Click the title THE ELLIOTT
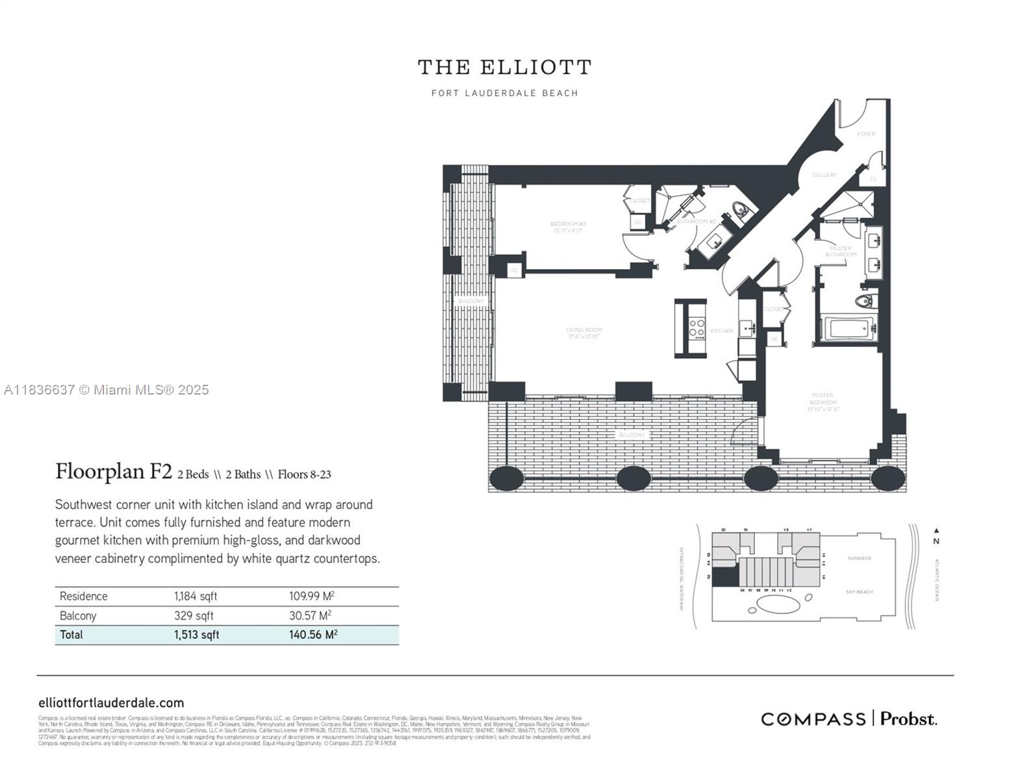(504, 68)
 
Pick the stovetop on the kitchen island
(697, 328)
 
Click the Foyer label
(866, 134)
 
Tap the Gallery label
(824, 175)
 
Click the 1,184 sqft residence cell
(196, 596)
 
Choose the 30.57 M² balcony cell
(310, 616)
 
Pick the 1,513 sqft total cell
(196, 635)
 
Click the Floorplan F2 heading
(114, 471)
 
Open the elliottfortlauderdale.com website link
(111, 703)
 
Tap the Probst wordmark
(908, 719)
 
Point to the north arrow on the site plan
(936, 531)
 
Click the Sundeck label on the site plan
(859, 558)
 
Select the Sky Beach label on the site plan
(859, 592)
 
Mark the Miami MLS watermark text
(107, 390)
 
